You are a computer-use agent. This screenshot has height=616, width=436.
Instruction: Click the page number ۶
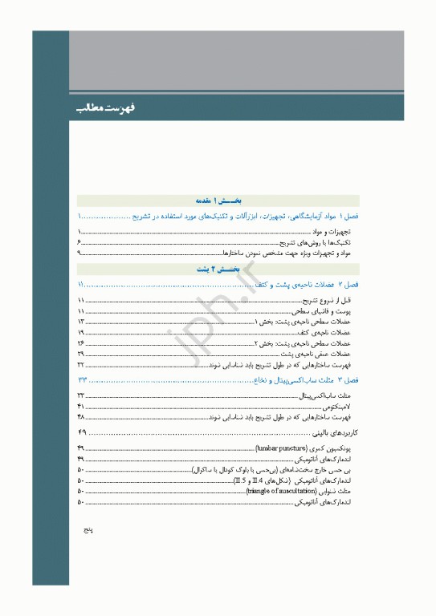[80, 241]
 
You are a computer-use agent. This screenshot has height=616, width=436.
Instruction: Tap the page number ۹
[80, 253]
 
